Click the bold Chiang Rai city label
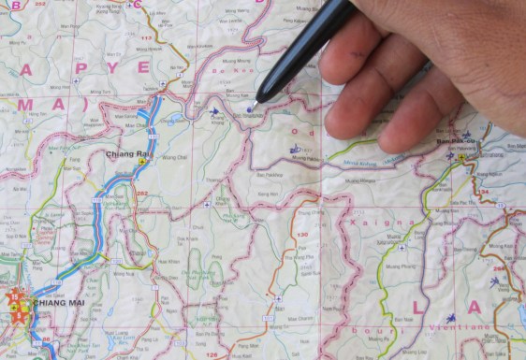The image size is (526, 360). point(127,153)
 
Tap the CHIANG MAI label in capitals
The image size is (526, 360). point(60,303)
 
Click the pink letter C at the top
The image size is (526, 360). point(137,4)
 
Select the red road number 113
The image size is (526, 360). point(146,38)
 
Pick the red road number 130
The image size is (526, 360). point(302,234)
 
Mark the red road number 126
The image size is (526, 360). point(212,355)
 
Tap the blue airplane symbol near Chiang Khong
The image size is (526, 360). point(215,112)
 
